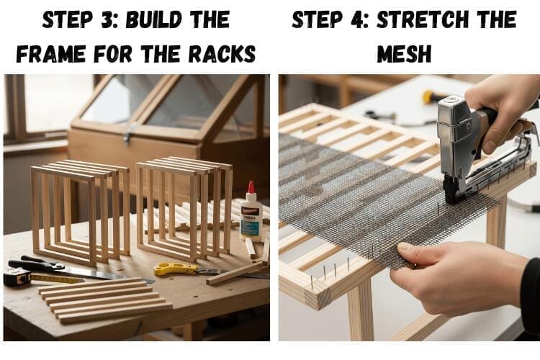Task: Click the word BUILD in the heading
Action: pyautogui.click(x=153, y=19)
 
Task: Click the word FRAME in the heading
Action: pyautogui.click(x=50, y=54)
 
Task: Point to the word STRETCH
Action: pyautogui.click(x=422, y=19)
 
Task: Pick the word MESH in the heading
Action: pyautogui.click(x=404, y=54)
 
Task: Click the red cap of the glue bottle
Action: pyautogui.click(x=251, y=188)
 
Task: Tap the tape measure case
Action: pyautogui.click(x=17, y=276)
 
